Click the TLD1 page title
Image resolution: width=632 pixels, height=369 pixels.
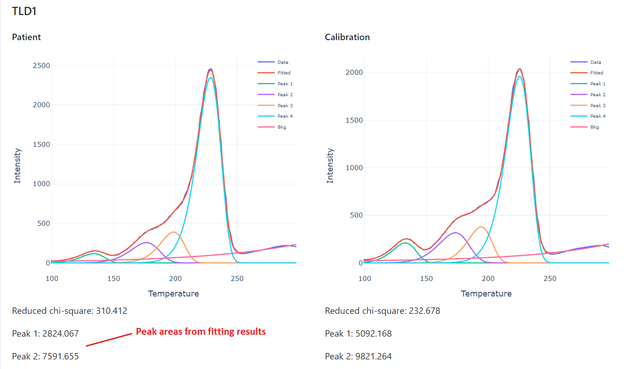click(x=24, y=11)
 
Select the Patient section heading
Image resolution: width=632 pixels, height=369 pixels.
click(x=26, y=37)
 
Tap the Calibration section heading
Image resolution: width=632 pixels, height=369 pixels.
click(x=347, y=37)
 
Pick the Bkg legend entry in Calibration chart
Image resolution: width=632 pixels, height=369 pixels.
click(x=595, y=127)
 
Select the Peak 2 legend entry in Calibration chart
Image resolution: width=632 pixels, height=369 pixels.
click(x=598, y=94)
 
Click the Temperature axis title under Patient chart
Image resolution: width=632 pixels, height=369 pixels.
click(x=173, y=293)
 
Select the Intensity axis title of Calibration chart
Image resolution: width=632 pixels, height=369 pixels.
click(x=330, y=166)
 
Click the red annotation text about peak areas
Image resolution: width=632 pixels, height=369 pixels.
click(x=201, y=332)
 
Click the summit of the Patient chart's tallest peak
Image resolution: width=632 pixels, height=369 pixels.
click(x=210, y=69)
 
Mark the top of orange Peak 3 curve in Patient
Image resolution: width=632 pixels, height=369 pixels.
click(x=174, y=232)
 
